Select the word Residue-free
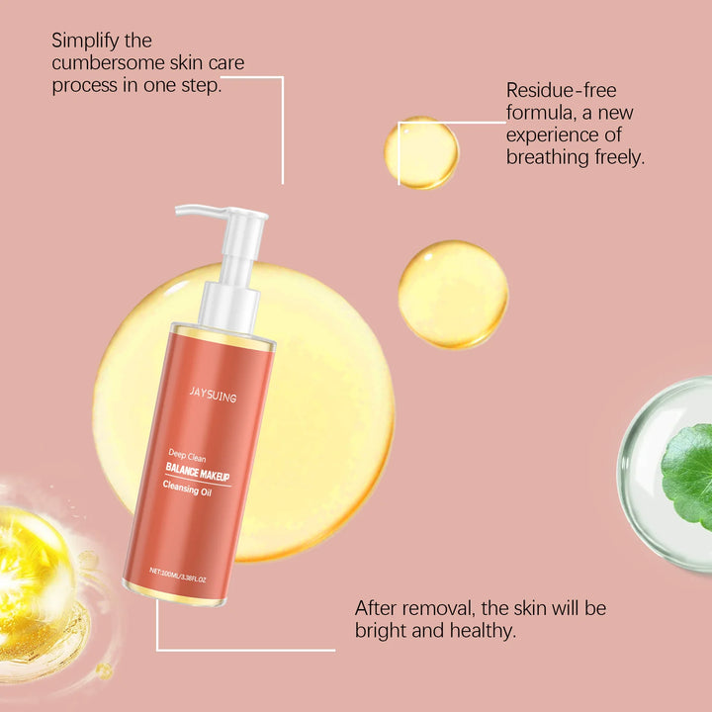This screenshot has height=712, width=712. (x=561, y=91)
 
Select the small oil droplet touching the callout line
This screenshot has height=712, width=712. (x=422, y=152)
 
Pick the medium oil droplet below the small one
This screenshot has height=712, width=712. (x=453, y=295)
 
